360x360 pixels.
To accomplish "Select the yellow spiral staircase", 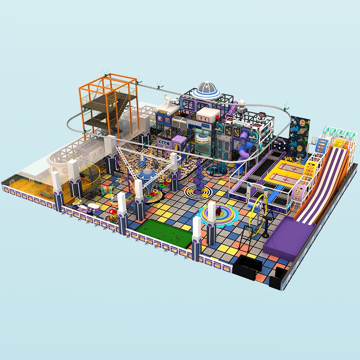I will point(90,178).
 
